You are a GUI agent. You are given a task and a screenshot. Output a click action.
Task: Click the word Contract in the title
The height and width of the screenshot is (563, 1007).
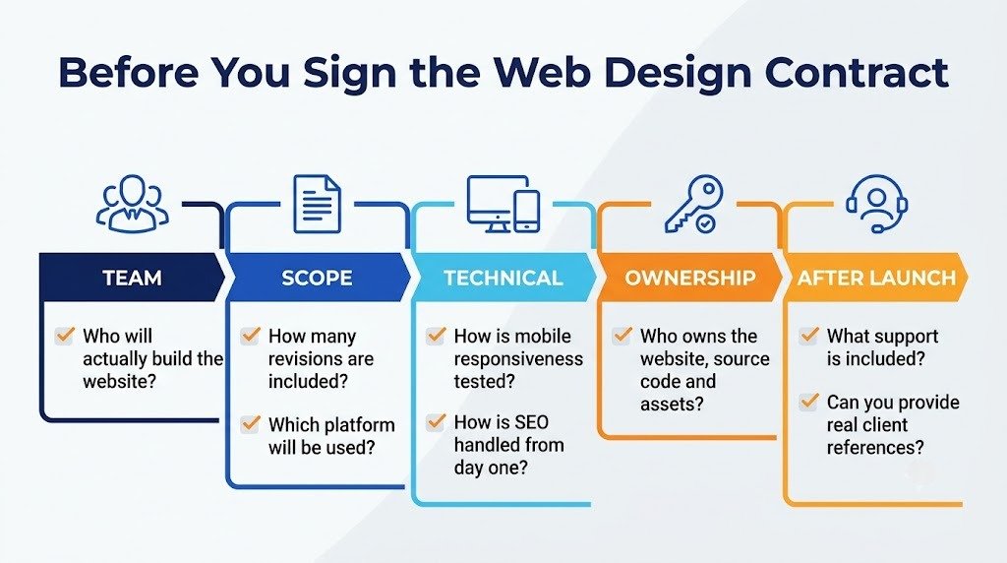click(x=857, y=72)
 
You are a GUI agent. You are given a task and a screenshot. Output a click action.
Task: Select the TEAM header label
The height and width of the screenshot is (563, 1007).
click(x=133, y=278)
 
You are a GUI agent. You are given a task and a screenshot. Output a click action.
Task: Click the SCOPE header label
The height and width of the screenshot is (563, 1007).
click(x=317, y=278)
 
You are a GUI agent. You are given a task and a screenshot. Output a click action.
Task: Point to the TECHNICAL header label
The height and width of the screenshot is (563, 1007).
click(x=503, y=278)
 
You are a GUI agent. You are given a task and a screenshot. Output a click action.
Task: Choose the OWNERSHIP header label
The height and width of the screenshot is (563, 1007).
click(x=690, y=278)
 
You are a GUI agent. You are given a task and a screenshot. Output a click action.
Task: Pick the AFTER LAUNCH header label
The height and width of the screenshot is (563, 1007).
click(x=876, y=278)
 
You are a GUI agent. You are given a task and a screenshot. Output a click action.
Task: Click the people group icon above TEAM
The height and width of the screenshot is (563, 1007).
click(x=133, y=203)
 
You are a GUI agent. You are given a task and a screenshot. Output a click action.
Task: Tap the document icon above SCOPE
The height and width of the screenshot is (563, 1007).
click(x=317, y=204)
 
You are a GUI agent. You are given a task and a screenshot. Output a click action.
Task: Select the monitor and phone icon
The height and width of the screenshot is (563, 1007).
click(x=503, y=204)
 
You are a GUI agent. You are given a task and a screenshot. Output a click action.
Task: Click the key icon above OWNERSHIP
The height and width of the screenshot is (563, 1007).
click(x=693, y=204)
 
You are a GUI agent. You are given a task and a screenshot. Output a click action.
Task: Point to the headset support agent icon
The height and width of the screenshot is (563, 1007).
click(x=876, y=204)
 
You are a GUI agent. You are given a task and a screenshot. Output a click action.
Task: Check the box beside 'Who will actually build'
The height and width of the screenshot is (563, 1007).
click(x=64, y=336)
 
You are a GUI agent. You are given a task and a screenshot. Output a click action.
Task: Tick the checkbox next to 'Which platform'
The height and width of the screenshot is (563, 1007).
click(x=250, y=424)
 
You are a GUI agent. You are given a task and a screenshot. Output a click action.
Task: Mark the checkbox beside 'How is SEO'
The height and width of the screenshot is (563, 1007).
click(x=436, y=422)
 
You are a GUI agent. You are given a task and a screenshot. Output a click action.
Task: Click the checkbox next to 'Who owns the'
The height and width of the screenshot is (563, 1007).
click(x=622, y=336)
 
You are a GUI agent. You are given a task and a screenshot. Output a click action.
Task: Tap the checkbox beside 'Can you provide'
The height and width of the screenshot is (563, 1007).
click(x=808, y=402)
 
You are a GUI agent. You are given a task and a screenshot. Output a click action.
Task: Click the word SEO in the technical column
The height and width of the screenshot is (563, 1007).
click(x=531, y=422)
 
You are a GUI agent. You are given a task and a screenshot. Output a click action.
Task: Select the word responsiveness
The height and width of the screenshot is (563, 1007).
click(x=518, y=359)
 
